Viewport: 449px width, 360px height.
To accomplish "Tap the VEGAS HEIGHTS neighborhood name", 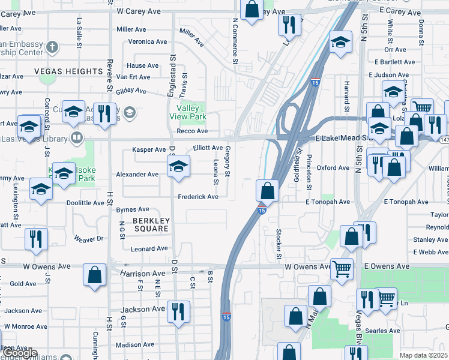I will tap(69, 71).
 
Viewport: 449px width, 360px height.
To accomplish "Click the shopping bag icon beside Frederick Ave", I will tap(268, 191).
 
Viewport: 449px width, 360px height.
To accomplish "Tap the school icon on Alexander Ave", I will tap(178, 167).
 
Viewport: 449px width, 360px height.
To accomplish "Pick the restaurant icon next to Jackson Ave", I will tap(178, 311).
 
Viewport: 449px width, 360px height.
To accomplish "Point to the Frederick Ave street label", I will tap(197, 197).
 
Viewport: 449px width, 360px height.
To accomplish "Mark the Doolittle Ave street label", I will tap(85, 203).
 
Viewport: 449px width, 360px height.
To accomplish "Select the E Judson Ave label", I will tap(391, 75).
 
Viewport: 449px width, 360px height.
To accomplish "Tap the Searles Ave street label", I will tap(385, 331).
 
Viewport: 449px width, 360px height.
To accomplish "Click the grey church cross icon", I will tap(52, 46).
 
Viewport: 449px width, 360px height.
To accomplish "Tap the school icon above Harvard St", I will tap(340, 42).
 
